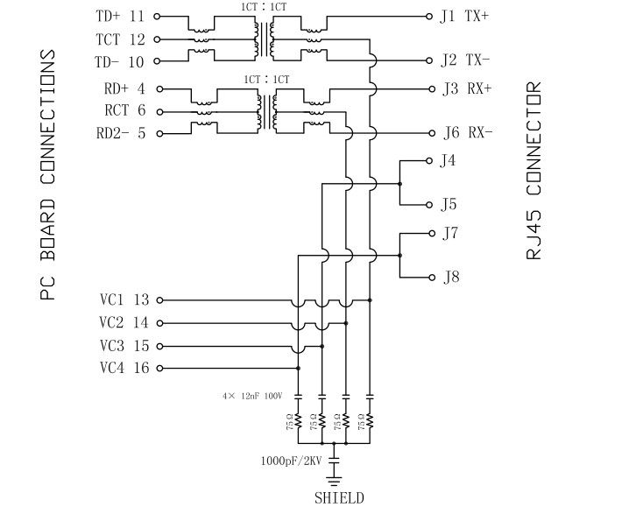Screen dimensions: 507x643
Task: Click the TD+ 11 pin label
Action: point(121,17)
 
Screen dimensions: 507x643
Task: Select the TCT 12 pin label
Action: point(121,39)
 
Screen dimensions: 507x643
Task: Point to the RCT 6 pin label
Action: point(124,110)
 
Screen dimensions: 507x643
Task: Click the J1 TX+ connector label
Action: point(465,17)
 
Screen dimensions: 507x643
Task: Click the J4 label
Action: point(449,160)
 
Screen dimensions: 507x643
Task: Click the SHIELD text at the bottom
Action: point(339,497)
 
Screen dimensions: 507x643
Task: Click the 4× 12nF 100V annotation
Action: point(251,397)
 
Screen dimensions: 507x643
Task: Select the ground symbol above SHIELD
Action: point(334,478)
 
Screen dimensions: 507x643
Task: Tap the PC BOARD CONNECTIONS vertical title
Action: point(49,175)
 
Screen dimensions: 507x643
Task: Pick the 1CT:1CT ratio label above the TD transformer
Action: point(265,7)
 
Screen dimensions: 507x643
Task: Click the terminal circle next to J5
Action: point(429,205)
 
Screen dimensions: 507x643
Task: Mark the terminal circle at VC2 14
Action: point(159,322)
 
